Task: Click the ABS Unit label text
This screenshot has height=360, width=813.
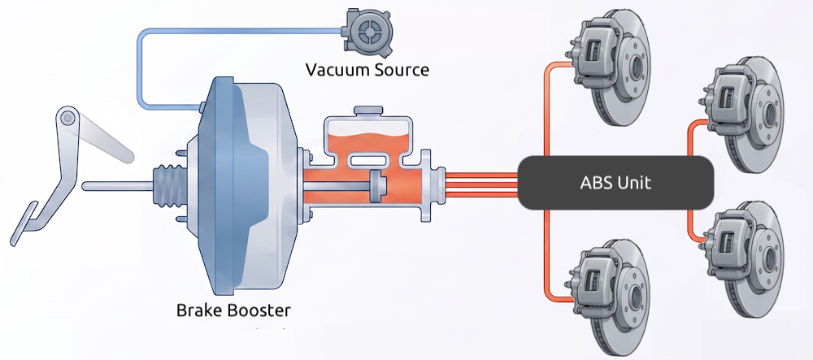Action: [x=615, y=183]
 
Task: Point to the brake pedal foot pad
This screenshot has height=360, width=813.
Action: [x=24, y=223]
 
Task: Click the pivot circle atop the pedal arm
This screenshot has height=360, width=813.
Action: [x=67, y=119]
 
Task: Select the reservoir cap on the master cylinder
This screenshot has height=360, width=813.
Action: [x=368, y=111]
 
